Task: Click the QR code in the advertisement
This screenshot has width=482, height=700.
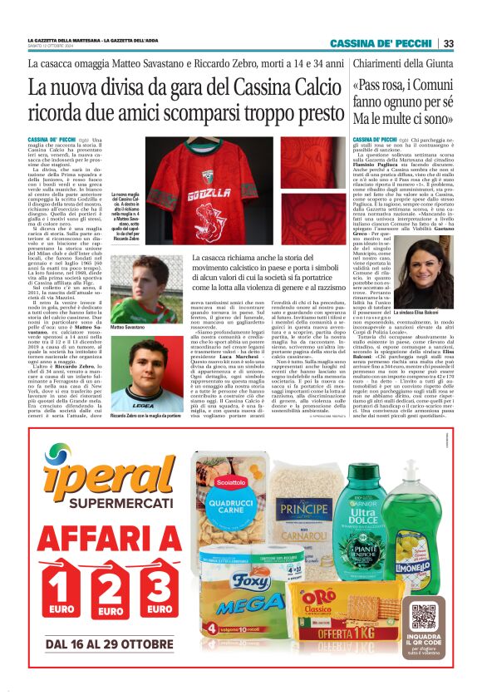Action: (424, 617)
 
